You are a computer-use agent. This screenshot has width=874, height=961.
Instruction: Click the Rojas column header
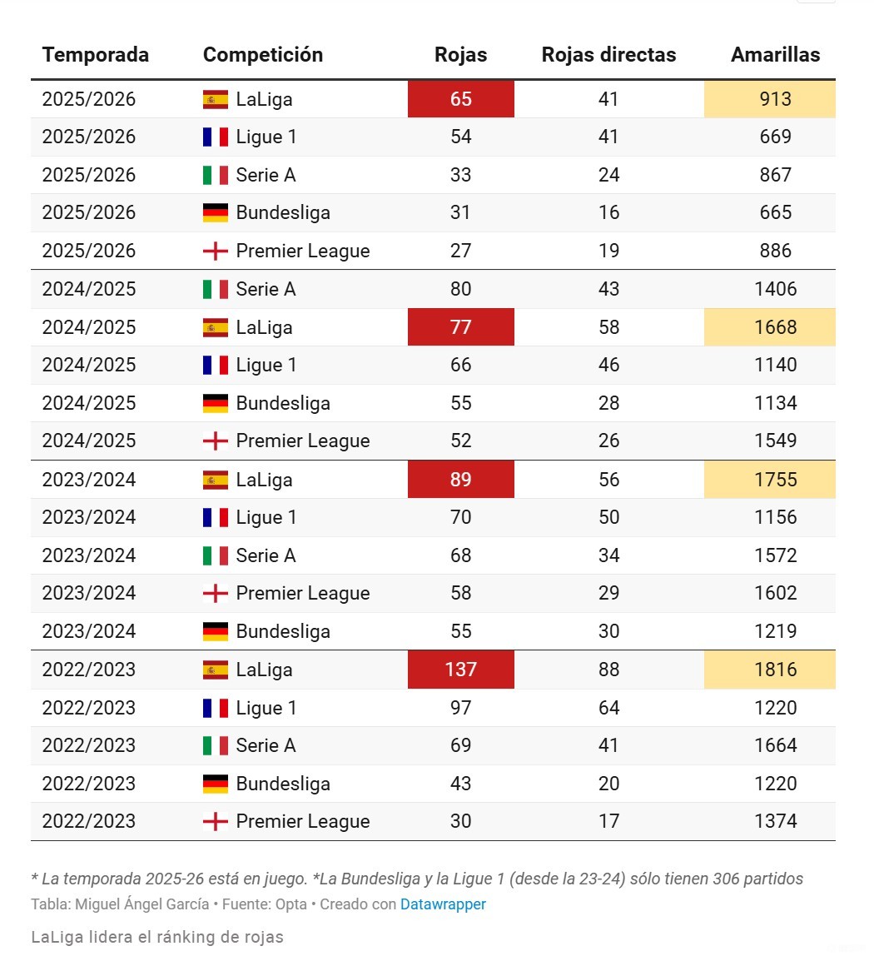460,55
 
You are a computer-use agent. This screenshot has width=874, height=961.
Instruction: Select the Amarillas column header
775,55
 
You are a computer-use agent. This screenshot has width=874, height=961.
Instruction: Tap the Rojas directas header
608,55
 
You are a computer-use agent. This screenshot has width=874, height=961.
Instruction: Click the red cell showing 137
460,670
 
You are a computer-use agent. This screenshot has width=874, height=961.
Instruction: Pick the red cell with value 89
460,480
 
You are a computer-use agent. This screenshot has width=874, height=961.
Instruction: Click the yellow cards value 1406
775,289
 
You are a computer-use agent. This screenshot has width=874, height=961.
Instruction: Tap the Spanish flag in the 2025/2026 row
216,100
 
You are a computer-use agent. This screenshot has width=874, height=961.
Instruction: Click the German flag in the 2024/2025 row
216,404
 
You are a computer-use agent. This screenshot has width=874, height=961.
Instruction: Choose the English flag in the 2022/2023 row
216,822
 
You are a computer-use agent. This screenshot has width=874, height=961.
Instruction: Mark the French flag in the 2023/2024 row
216,518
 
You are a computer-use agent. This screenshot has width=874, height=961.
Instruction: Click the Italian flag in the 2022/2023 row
216,746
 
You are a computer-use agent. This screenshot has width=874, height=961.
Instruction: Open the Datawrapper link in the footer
443,904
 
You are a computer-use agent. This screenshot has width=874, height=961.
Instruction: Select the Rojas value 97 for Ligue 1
460,708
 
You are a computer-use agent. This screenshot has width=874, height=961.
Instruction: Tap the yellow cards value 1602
775,593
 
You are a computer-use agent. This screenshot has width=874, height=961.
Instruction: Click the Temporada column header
96,55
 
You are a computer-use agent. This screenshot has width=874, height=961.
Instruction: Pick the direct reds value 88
608,670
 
